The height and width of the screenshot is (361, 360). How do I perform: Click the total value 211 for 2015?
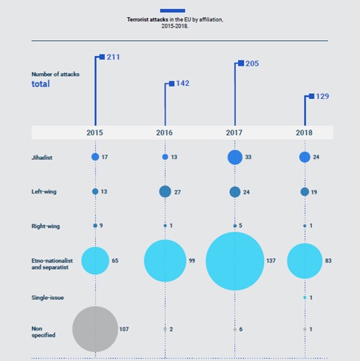coord(114,57)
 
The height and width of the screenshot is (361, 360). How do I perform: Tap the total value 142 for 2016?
coord(183,83)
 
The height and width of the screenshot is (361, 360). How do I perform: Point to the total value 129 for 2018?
coord(323,97)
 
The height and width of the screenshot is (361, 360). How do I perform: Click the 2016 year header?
coord(165,132)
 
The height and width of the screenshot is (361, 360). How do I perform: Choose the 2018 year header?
coord(304,132)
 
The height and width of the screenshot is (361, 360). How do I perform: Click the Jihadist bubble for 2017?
coord(234,157)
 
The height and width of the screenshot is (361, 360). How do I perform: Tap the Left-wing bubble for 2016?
coord(165,191)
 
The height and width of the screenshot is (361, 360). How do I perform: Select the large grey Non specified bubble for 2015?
coord(95,328)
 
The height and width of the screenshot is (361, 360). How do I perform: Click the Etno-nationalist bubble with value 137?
coord(234,261)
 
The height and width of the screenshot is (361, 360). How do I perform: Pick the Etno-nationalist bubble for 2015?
coord(95,261)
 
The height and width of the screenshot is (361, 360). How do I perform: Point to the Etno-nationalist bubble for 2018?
coord(304,261)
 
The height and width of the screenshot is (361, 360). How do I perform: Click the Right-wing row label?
coord(44,226)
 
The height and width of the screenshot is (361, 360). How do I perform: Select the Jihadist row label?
coord(42,157)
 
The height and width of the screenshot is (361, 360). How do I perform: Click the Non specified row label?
coord(42,328)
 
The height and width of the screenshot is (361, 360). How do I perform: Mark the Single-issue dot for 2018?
coord(304,296)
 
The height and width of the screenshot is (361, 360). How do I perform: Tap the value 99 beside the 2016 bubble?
coord(192,261)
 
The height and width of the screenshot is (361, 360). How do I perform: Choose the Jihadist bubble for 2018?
coord(304,157)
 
